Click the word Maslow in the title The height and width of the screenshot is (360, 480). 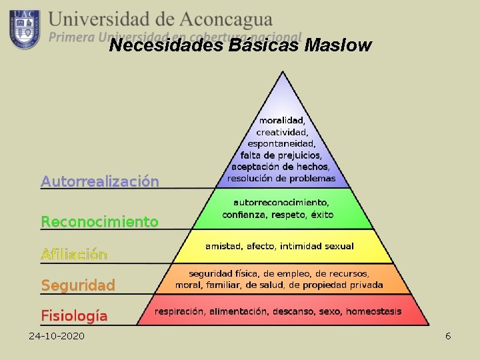pos(337,45)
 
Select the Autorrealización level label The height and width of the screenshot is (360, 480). pos(100,181)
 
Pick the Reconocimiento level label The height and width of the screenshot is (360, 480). pos(100,221)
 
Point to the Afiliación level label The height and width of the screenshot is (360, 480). pos(74,254)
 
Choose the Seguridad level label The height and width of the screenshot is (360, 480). pos(78,285)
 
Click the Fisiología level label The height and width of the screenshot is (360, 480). pos(74,315)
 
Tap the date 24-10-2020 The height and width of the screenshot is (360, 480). pos(57,335)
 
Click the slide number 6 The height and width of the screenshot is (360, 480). pos(448,335)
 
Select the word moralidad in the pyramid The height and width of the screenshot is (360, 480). pos(281,121)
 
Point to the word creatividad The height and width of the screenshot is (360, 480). pos(281,132)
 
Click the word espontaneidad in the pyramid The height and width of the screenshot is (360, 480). pos(281,143)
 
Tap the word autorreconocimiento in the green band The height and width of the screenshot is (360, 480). pos(281,202)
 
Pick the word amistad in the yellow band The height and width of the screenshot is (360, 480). pos(224,246)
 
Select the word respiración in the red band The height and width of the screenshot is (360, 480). pos(180,311)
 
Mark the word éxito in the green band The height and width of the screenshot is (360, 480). pos(321,215)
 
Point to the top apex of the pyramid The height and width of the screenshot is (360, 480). pos(283,71)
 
